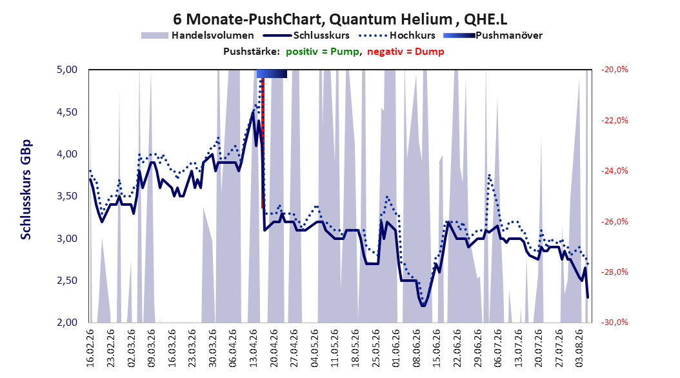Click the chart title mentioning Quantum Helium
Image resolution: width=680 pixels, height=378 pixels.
tap(340, 19)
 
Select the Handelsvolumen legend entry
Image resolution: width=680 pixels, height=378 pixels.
tap(197, 35)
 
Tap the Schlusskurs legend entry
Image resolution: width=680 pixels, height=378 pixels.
tap(306, 35)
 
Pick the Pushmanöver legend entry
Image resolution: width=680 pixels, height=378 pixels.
tap(493, 35)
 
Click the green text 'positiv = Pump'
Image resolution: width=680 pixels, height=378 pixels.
tap(322, 52)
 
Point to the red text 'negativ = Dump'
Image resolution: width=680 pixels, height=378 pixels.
tap(406, 52)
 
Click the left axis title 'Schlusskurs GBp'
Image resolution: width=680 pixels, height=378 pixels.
tap(26, 190)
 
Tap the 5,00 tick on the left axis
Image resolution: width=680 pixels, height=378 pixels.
tap(67, 70)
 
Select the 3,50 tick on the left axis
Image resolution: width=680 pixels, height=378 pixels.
tap(67, 196)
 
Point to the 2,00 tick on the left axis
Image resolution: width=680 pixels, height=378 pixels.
tap(67, 322)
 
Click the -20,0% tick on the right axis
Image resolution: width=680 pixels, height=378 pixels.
tap(614, 70)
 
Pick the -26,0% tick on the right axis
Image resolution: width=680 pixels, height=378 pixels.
tap(614, 221)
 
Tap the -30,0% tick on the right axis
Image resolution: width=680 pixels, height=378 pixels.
tap(614, 322)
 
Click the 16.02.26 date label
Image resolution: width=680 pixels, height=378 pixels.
tap(90, 348)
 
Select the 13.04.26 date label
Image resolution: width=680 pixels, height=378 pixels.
tap(254, 348)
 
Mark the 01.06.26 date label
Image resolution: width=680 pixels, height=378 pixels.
tap(396, 348)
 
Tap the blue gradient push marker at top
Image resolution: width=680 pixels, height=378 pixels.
tap(272, 74)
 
